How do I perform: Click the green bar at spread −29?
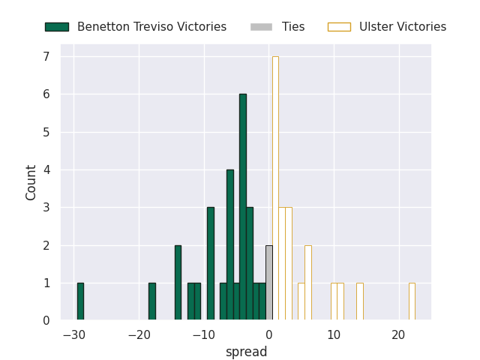(80, 301)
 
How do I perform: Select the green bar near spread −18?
(152, 301)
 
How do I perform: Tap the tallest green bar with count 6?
(243, 207)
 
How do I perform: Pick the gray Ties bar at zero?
(269, 283)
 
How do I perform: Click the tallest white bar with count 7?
(275, 188)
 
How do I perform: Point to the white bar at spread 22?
(412, 301)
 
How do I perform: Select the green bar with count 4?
(230, 244)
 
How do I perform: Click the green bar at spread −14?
(178, 283)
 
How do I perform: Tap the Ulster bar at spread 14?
(360, 301)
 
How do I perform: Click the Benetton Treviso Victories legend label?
(151, 27)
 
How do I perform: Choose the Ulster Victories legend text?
(403, 27)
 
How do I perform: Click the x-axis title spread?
(246, 352)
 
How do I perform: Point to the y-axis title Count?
(31, 182)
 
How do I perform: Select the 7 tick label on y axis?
(46, 56)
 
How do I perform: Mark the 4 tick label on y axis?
(46, 169)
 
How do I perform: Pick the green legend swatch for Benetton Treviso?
(57, 27)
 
